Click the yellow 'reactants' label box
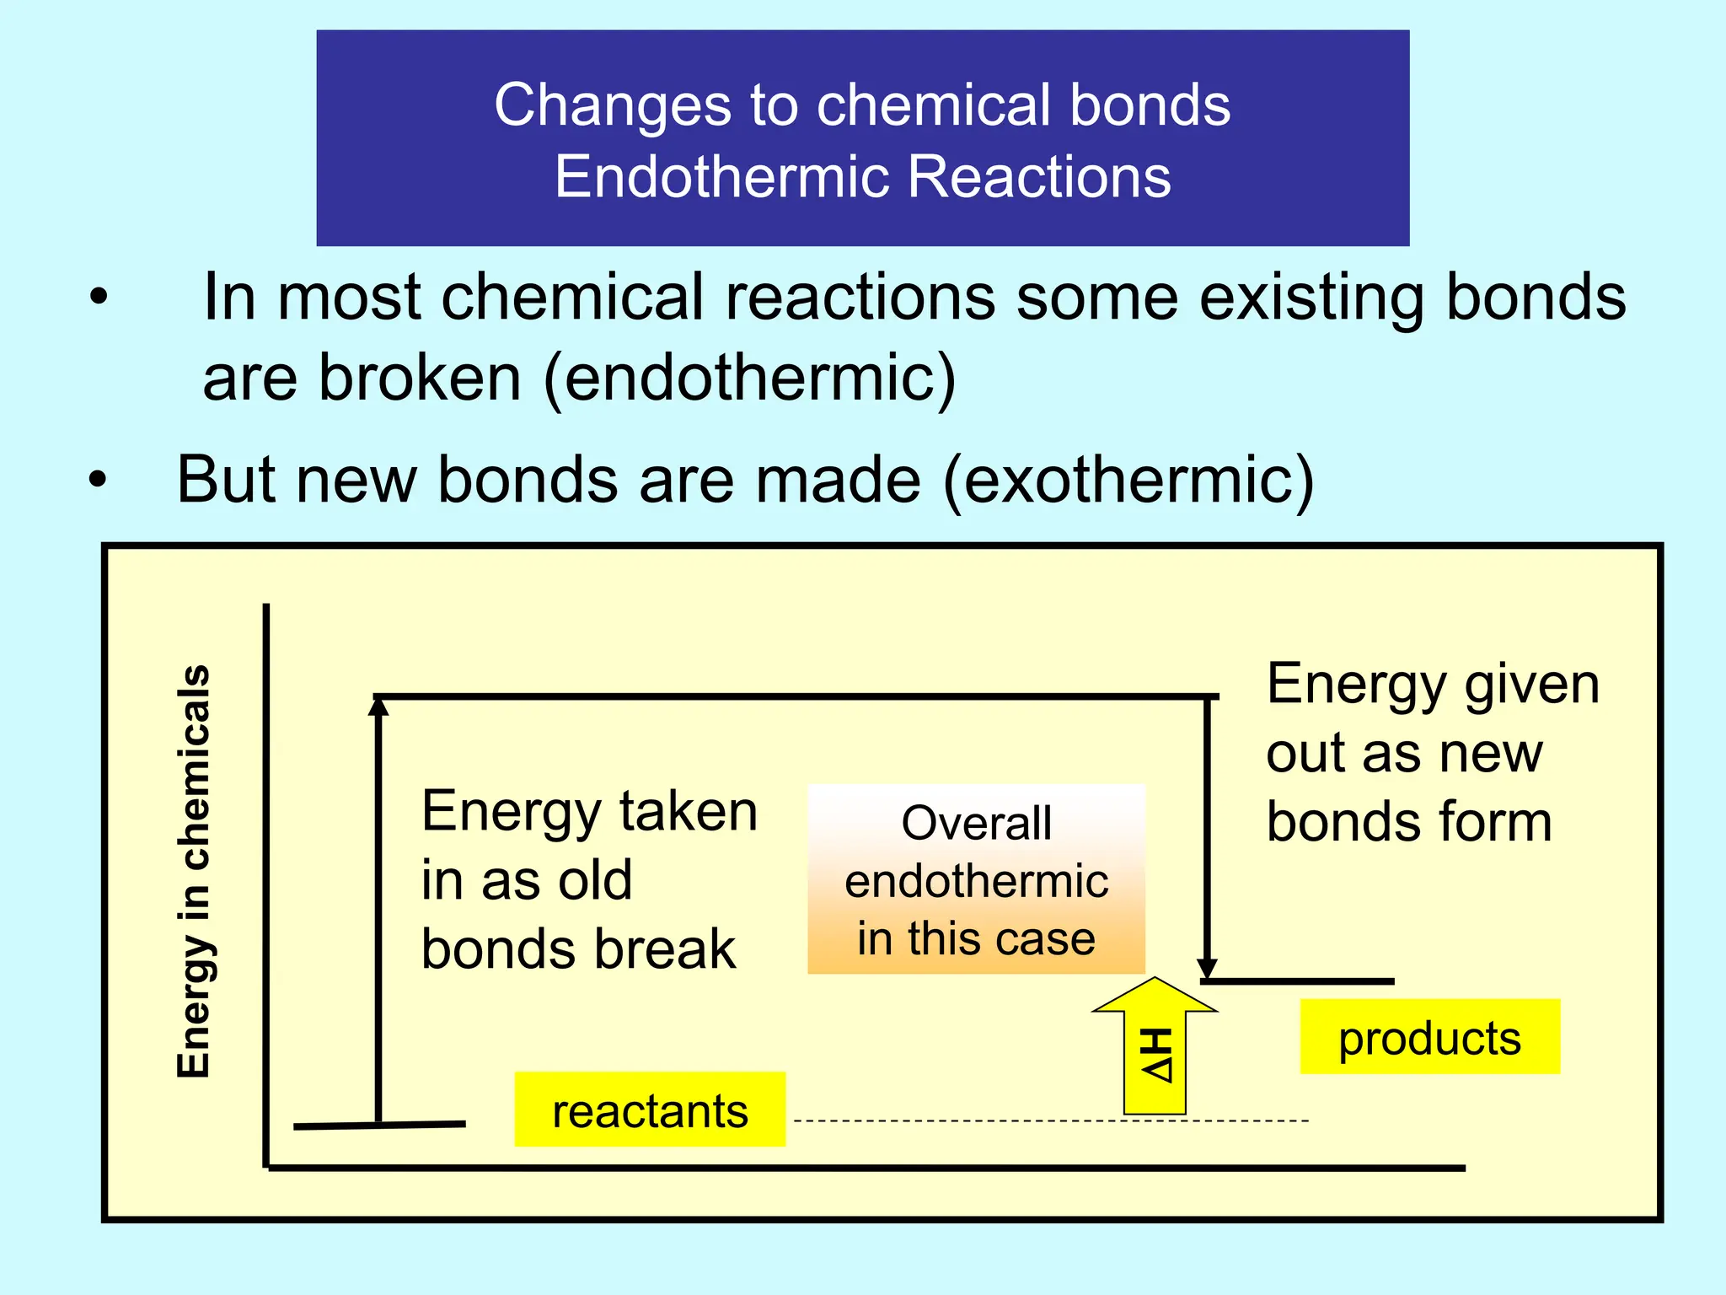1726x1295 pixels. [x=650, y=1110]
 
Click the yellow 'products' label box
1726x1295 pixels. [x=1429, y=1037]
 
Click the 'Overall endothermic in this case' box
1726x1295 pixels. [x=976, y=879]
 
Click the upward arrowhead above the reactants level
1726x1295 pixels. [x=379, y=707]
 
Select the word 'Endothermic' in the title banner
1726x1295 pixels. [x=721, y=177]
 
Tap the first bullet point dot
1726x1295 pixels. [x=99, y=297]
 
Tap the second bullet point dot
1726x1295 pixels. [x=99, y=480]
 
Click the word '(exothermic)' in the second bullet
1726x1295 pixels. [x=1128, y=481]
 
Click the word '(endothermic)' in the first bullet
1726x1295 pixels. [x=750, y=378]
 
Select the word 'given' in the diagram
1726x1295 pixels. [x=1531, y=684]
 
